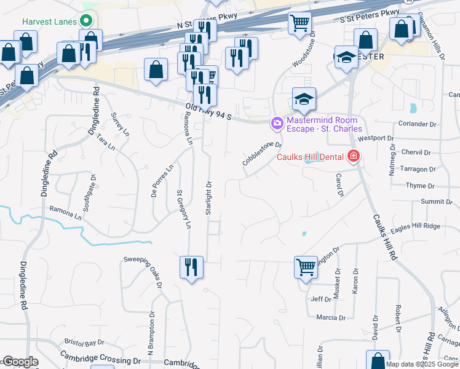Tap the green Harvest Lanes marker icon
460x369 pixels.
click(x=87, y=21)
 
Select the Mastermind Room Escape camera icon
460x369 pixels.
click(x=277, y=124)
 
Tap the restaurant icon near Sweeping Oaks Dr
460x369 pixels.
click(x=191, y=267)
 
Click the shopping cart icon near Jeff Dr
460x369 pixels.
click(x=306, y=267)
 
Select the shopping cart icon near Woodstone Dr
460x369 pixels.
click(x=299, y=23)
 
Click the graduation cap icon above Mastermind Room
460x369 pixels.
click(x=304, y=98)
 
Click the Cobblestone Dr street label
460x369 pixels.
click(x=261, y=154)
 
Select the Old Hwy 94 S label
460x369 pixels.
click(x=207, y=113)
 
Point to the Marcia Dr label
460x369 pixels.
click(x=331, y=317)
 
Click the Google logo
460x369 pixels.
click(x=20, y=362)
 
